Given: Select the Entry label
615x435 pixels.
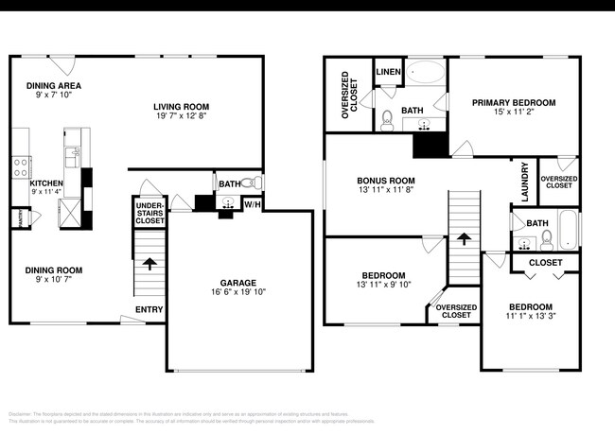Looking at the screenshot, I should pos(149,309).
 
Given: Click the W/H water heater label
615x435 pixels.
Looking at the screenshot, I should pos(253,203).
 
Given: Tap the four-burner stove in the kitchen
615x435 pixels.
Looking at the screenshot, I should pos(19,166).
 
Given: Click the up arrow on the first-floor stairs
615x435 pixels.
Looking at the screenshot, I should pos(149,262).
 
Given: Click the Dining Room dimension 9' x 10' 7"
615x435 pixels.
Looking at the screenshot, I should pos(47,280).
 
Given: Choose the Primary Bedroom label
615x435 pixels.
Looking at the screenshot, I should pos(514,102).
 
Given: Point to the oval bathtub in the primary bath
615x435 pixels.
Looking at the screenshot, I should pos(424,75).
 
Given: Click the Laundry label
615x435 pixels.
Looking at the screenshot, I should pos(525,182).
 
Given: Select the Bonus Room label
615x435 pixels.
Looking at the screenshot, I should pos(384,180).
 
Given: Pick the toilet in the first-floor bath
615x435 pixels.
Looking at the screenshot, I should pos(249,183).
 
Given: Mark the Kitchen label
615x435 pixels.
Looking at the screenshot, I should pos(46,183).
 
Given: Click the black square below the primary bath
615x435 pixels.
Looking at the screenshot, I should pos(430,144).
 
